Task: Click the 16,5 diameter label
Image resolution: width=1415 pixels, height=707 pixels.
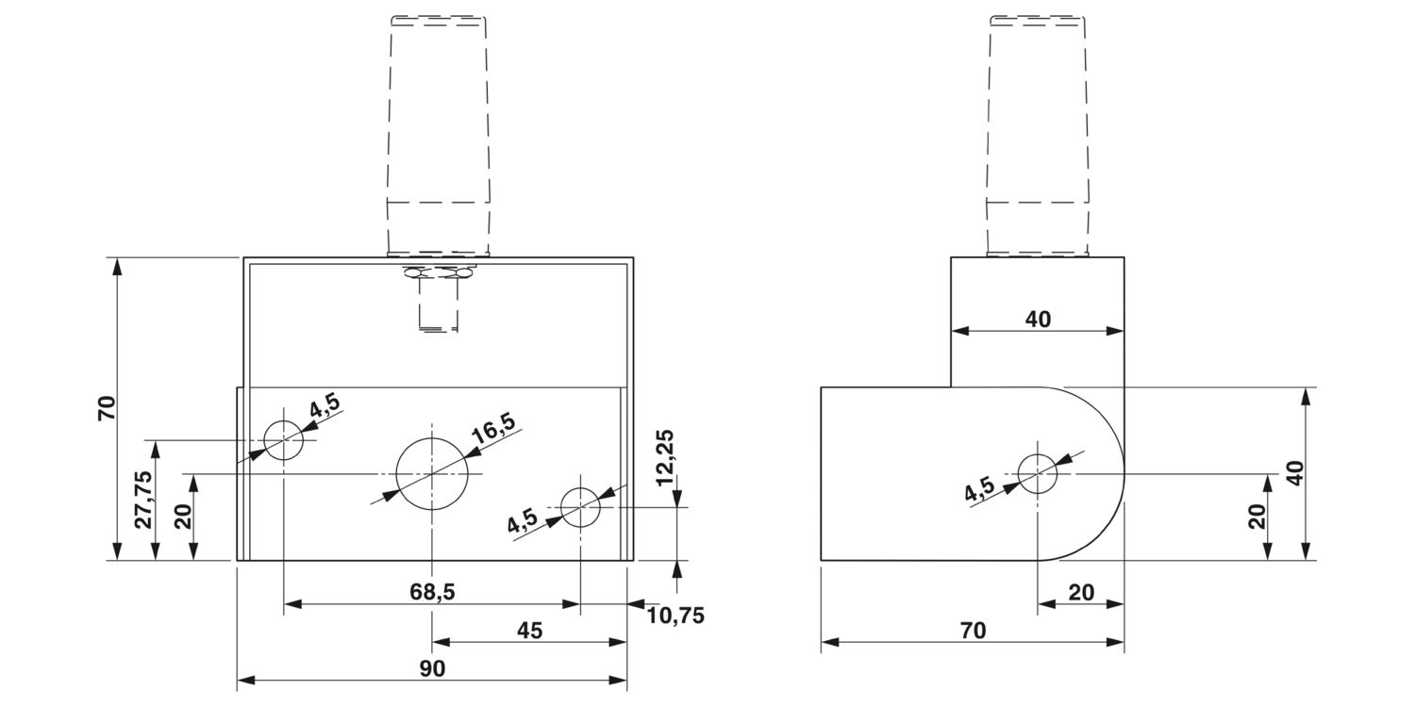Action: [x=493, y=430]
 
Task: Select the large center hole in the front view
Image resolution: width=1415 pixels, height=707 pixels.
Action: [x=432, y=473]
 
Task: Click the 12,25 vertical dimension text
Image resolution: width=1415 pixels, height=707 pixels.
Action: [x=666, y=457]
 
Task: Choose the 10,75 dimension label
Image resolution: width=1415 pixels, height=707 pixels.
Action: [x=675, y=616]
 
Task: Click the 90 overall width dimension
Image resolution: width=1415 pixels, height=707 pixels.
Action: [x=432, y=667]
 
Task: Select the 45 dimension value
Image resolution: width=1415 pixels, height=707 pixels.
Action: [x=530, y=630]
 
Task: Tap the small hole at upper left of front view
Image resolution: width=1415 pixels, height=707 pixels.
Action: [x=283, y=440]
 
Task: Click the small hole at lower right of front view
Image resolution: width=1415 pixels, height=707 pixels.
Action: [x=580, y=507]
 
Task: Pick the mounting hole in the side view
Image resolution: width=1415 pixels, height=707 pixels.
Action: [x=1038, y=473]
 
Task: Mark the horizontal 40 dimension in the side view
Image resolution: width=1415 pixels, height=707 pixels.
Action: [x=1038, y=320]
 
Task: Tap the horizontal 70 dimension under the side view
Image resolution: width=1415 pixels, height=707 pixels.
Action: [x=972, y=630]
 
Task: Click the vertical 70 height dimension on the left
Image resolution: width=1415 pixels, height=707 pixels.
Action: [x=107, y=408]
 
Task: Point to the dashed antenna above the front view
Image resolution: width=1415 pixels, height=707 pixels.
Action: [x=439, y=132]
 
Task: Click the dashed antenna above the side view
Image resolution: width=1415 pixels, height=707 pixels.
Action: [x=1038, y=132]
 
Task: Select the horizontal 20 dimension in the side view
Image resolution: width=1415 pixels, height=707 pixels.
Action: [x=1081, y=592]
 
